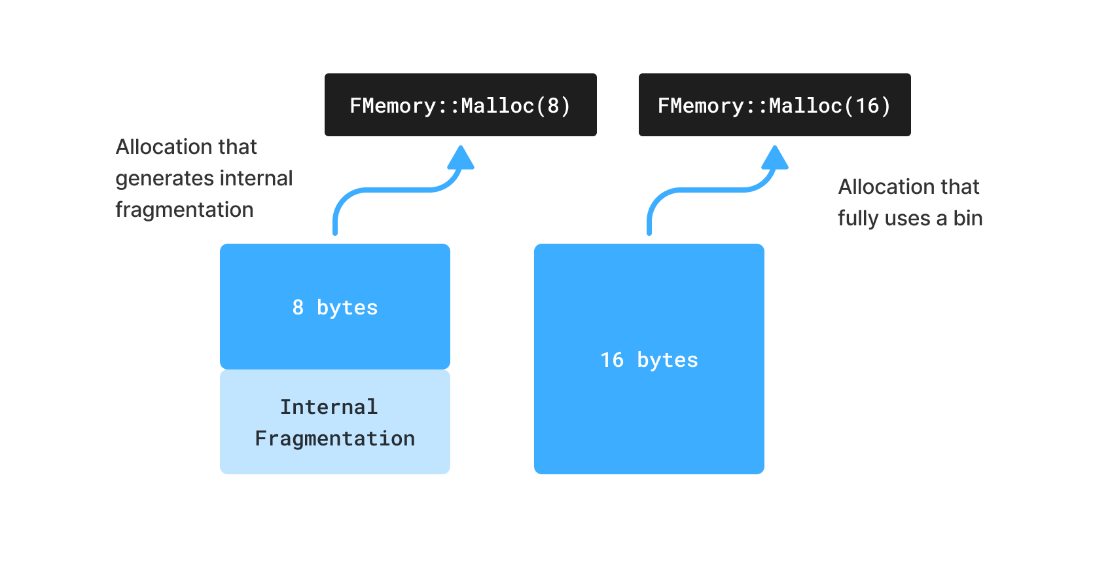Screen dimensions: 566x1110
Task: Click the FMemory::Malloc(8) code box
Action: click(460, 105)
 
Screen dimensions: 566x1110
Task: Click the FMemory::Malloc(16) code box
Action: click(774, 105)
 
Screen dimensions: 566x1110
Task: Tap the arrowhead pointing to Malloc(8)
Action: click(461, 158)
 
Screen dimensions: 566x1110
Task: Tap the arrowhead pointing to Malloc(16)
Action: click(775, 158)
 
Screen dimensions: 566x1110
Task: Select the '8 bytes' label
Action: click(335, 307)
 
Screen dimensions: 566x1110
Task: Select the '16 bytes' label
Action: click(649, 360)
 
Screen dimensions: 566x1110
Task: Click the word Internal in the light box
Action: click(329, 407)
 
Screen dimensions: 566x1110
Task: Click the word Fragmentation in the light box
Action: click(335, 438)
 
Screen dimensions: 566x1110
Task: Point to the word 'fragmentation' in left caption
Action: click(185, 210)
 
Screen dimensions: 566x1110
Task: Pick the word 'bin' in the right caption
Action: click(967, 218)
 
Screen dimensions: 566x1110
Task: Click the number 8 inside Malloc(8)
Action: click(554, 105)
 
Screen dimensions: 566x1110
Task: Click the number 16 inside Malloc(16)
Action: click(867, 105)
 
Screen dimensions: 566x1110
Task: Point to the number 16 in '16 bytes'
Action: click(612, 360)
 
